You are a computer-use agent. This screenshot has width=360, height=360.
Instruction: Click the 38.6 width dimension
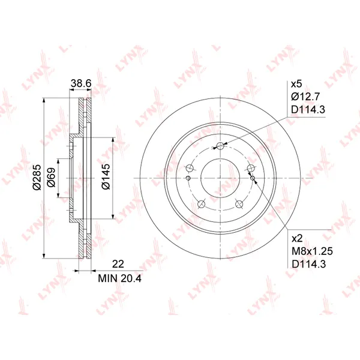(81, 83)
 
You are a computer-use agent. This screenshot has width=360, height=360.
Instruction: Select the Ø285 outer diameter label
(37, 177)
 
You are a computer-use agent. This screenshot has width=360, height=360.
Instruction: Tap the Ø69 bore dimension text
(51, 177)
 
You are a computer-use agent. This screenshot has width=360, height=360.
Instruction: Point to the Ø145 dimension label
(106, 176)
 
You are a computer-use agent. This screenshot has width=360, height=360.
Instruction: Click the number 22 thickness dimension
(118, 264)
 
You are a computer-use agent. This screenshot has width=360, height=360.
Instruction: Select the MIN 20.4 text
(119, 278)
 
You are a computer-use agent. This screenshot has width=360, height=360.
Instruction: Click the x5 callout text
(296, 84)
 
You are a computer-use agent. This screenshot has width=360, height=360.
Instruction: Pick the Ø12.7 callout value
(305, 97)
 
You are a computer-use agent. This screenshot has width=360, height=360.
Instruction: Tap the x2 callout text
(297, 239)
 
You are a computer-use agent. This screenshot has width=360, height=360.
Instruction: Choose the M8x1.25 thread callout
(312, 251)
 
